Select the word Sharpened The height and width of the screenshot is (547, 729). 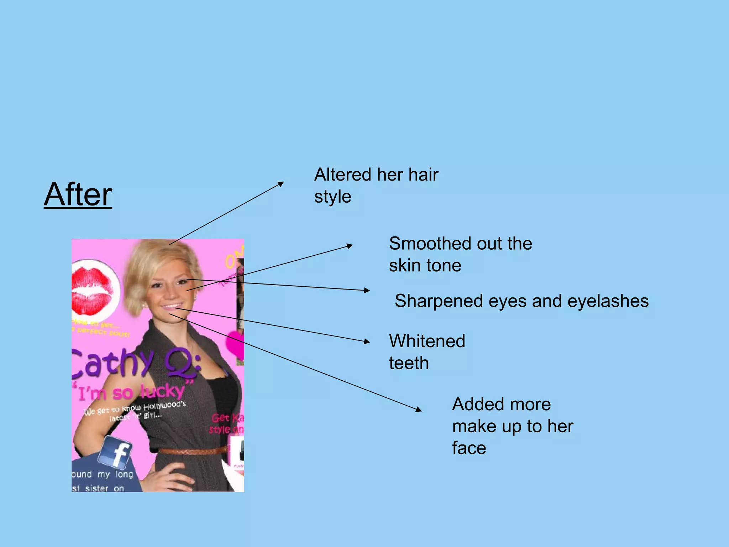[x=439, y=301]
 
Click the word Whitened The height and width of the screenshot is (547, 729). [x=427, y=341]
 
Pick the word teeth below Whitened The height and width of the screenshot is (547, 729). [x=409, y=363]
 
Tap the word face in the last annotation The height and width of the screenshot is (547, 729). [x=469, y=448]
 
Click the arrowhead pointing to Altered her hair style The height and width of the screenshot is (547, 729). [x=281, y=184]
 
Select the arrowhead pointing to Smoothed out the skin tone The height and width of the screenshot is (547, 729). [x=350, y=245]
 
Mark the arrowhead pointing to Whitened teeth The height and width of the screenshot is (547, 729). [x=367, y=342]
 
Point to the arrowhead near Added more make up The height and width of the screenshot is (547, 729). [x=419, y=409]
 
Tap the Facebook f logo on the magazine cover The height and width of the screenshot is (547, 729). [x=115, y=453]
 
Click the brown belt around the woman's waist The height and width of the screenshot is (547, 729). [x=192, y=451]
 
